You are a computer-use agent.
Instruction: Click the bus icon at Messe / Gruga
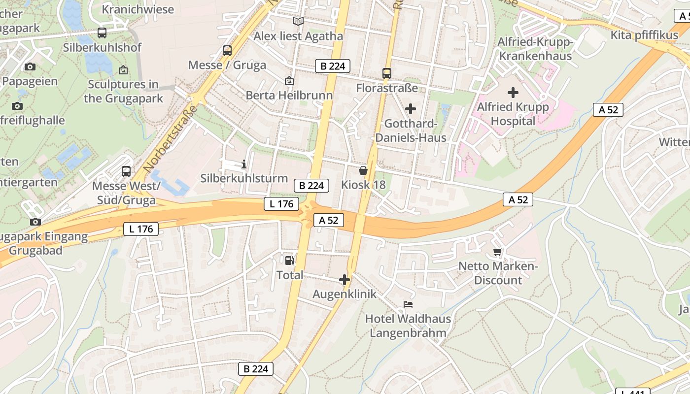(227, 50)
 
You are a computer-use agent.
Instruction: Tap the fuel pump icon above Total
(289, 260)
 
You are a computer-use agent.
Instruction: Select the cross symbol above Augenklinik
(344, 280)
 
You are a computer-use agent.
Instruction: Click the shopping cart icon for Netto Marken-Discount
(498, 252)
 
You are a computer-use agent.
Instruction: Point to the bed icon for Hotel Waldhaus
(408, 304)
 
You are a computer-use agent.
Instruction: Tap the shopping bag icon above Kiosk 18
(363, 170)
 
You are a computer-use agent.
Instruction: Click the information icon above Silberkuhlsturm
(243, 164)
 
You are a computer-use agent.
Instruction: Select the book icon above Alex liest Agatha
(298, 21)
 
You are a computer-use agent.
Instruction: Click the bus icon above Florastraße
(387, 73)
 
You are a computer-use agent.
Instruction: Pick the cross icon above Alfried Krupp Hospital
(513, 92)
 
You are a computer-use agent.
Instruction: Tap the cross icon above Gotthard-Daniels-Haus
(410, 109)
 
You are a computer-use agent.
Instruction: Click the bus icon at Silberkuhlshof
(102, 33)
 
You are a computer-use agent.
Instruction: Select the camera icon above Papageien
(30, 66)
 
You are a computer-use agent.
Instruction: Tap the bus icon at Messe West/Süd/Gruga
(126, 171)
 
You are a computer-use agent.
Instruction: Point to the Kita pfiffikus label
(644, 35)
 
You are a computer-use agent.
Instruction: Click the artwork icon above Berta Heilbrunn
(289, 80)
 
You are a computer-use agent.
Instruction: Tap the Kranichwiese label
(138, 9)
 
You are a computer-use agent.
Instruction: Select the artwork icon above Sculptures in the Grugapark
(123, 70)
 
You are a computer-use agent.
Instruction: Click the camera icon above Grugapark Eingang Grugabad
(35, 222)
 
